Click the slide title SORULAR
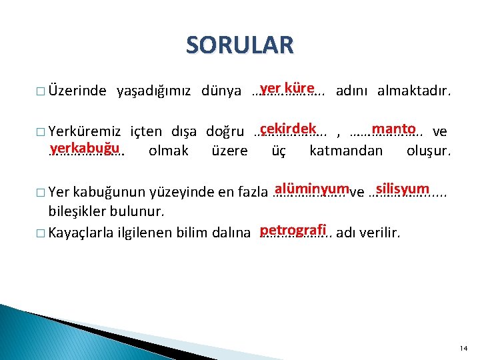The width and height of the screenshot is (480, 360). tap(239, 45)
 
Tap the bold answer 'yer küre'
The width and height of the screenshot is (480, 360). tap(287, 88)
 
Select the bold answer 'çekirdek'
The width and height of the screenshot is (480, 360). tap(287, 128)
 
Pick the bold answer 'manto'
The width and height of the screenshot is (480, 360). tap(395, 128)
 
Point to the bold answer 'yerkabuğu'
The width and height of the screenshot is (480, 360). tap(85, 147)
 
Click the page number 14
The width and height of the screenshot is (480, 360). tap(464, 349)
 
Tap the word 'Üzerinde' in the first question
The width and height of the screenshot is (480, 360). tap(77, 91)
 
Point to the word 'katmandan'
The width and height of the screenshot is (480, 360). tap(346, 151)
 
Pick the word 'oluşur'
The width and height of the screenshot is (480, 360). tap(428, 151)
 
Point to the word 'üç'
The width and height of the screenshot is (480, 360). tap(279, 151)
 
